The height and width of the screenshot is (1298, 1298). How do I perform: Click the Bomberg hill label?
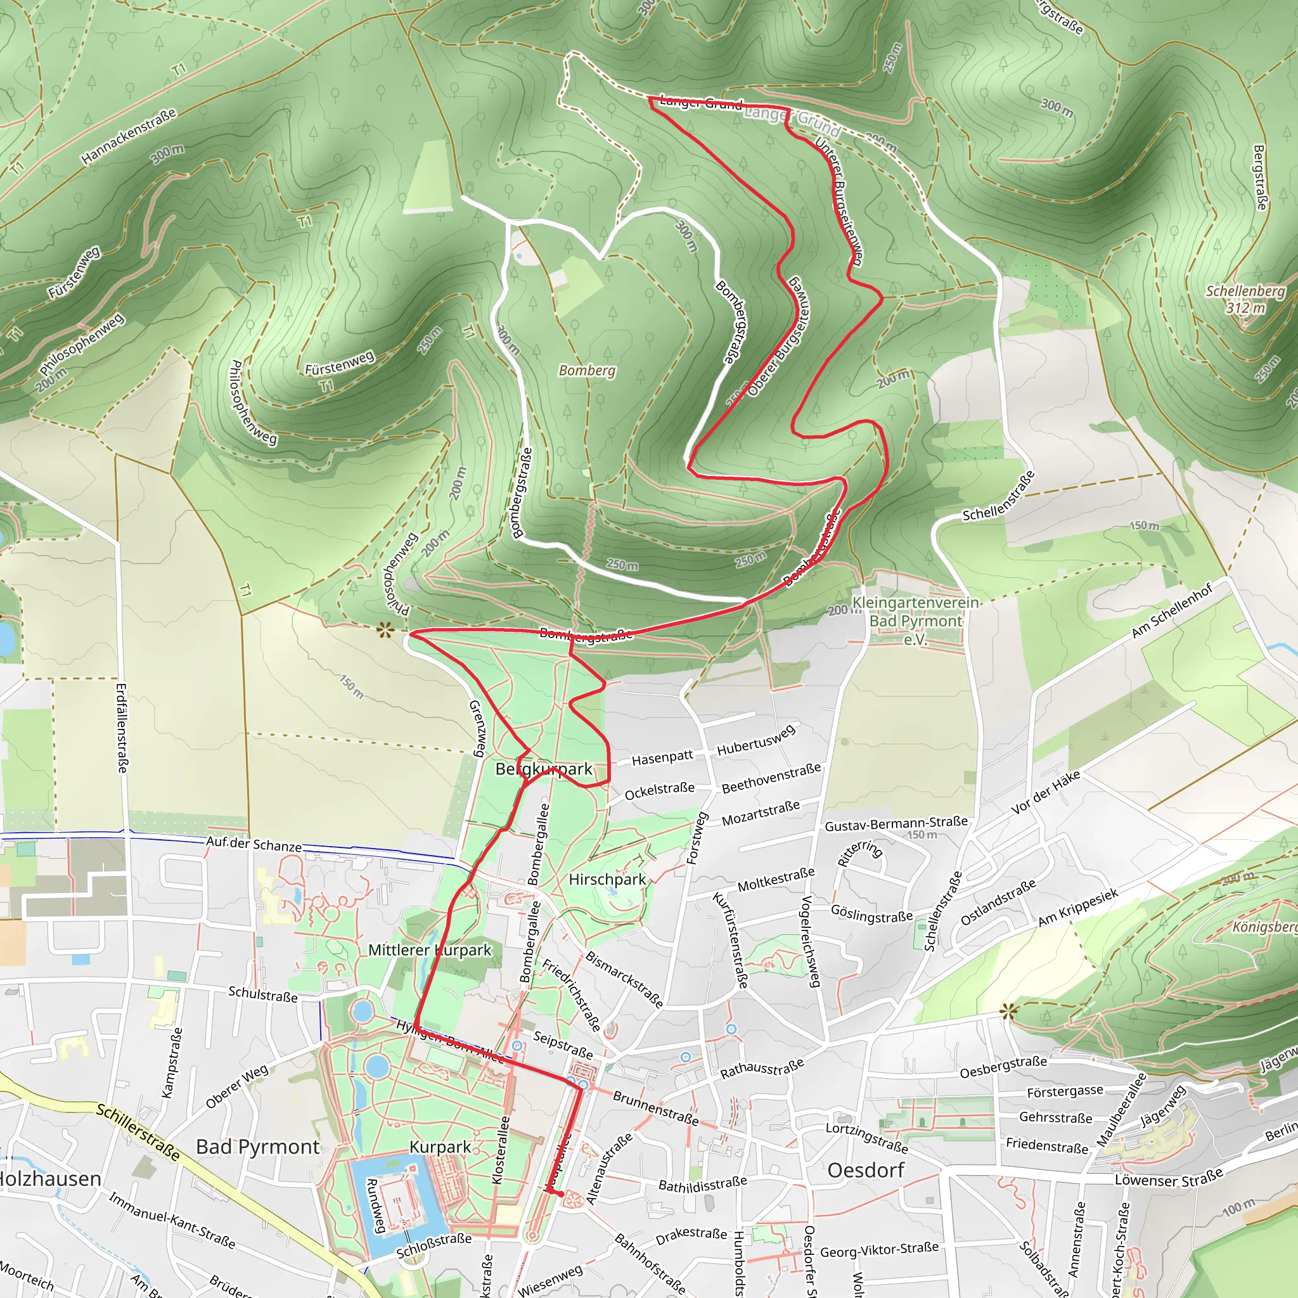click(586, 370)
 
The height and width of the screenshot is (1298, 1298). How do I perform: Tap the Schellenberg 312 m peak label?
click(1245, 300)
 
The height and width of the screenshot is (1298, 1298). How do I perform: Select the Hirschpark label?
click(607, 880)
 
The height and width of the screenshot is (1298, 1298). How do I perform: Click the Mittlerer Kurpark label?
click(430, 950)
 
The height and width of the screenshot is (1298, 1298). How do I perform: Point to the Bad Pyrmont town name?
click(257, 1147)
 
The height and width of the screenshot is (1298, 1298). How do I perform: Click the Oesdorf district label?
click(865, 1170)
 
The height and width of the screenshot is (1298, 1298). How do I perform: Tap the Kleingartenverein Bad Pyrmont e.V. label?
click(915, 620)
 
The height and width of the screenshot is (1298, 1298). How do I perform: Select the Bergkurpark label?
click(544, 769)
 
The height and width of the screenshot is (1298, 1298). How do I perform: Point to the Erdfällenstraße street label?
click(122, 728)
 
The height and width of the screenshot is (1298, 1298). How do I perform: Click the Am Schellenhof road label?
click(1172, 611)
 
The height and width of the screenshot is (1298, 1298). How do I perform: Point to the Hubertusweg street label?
click(756, 740)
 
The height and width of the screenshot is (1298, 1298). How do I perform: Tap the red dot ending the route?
click(560, 1194)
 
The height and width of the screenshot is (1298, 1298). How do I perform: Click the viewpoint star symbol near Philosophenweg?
click(384, 629)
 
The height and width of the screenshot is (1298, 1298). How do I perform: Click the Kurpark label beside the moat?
click(440, 1147)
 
